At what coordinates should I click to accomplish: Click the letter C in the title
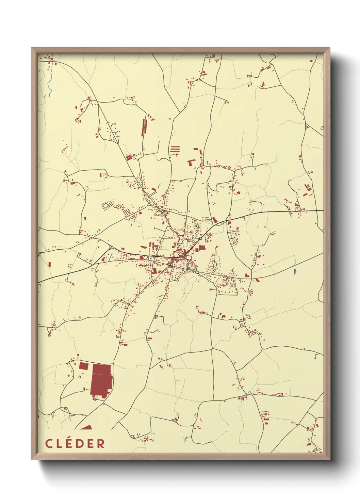[49, 443]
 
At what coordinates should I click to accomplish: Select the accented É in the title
[69, 443]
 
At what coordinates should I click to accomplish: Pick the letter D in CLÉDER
[79, 443]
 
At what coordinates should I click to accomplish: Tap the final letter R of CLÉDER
[100, 443]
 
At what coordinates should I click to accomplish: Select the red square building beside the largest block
[84, 366]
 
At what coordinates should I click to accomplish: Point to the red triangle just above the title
[86, 427]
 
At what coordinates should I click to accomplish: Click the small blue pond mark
[295, 272]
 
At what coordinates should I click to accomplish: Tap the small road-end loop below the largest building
[95, 399]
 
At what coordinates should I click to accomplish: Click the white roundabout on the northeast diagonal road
[200, 238]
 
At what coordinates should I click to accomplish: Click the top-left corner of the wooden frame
[32, 48]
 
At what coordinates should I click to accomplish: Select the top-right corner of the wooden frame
[329, 48]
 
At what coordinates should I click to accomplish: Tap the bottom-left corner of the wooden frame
[32, 459]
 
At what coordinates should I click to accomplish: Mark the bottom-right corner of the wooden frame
[329, 459]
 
